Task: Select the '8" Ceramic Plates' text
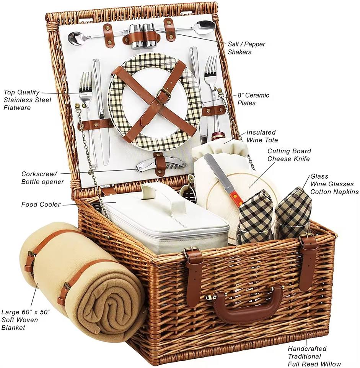tap(253, 99)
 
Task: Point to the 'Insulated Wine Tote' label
tap(262, 136)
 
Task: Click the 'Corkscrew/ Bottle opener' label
tap(42, 177)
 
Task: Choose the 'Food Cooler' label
tap(41, 204)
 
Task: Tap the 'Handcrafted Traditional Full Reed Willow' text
tap(314, 356)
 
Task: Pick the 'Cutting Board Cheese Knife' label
tap(289, 155)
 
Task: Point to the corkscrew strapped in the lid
tap(161, 164)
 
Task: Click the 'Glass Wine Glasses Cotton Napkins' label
tap(334, 184)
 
